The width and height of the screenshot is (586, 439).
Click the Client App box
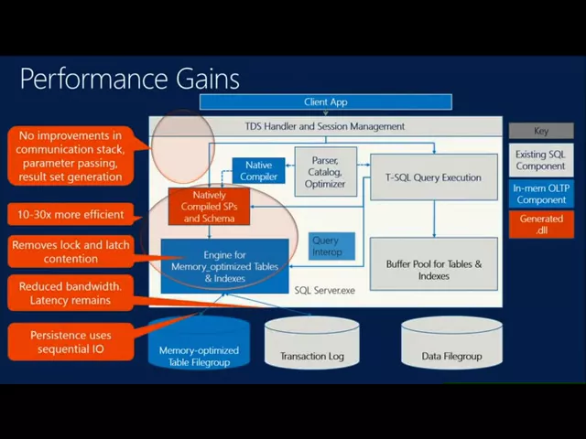(x=326, y=102)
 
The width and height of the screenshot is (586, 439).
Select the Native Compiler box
(x=258, y=171)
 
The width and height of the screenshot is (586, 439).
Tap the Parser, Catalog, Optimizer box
(x=326, y=172)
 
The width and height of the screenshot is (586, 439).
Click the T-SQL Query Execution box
(x=433, y=177)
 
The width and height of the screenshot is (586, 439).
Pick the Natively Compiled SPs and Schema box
(x=209, y=207)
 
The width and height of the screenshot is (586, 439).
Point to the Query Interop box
(x=331, y=246)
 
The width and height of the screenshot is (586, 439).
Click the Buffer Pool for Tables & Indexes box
(x=433, y=264)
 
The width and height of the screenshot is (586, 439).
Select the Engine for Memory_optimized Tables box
(x=224, y=266)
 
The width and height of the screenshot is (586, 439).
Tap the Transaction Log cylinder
(x=312, y=343)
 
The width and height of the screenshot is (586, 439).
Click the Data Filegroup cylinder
(x=451, y=343)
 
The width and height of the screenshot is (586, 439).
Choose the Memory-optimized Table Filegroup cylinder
(x=199, y=343)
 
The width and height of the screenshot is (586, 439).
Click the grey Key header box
(x=541, y=131)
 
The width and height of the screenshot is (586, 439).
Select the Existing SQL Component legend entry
(x=541, y=160)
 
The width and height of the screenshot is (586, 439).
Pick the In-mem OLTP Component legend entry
(x=541, y=194)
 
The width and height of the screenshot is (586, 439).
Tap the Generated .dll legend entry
(x=541, y=224)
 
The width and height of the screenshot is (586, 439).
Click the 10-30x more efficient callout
(x=71, y=214)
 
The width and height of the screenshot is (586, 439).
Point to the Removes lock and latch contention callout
(x=71, y=252)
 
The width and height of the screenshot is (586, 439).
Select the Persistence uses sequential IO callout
(x=71, y=342)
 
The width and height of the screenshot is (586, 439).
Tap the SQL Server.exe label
(x=324, y=291)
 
